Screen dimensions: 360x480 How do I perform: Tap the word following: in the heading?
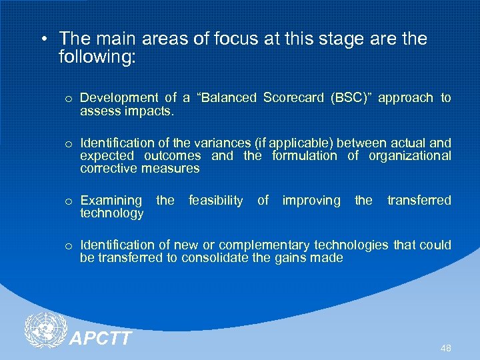97,57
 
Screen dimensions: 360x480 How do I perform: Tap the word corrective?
109,169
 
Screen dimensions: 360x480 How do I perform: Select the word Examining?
111,201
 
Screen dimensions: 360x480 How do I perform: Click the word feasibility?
216,201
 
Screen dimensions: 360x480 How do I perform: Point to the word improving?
311,201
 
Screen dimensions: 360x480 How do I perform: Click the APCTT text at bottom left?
101,339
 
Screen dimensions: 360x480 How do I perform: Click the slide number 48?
445,348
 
